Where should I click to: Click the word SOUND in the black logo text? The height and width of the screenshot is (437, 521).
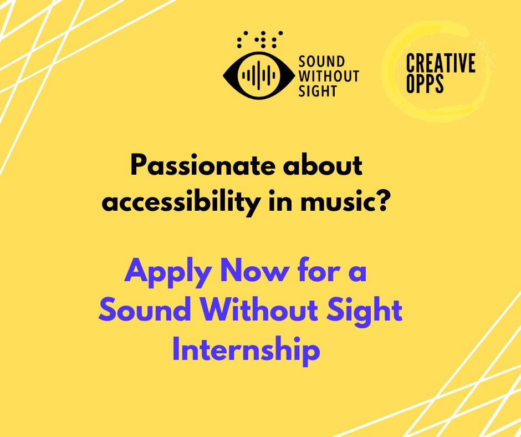tap(321, 62)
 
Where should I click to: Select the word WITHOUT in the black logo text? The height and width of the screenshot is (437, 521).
tap(329, 76)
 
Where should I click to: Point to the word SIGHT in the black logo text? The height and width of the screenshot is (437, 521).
tap(318, 90)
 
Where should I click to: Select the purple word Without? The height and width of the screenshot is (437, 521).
tap(261, 311)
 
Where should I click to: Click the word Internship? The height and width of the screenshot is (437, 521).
tap(246, 350)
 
